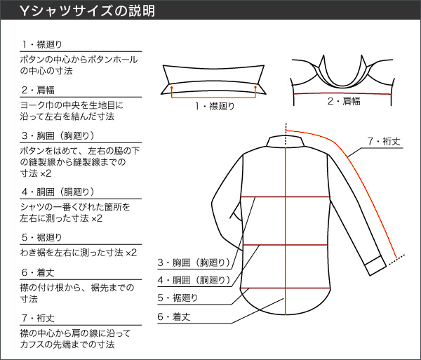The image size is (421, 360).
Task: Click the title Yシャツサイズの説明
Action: tap(88, 11)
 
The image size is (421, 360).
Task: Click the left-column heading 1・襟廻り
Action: tap(42, 44)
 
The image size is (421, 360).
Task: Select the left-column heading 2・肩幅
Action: tap(38, 90)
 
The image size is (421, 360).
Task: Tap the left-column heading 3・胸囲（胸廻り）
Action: tap(58, 135)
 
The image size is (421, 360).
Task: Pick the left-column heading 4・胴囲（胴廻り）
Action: tap(58, 192)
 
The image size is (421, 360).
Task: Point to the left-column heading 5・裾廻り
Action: tap(42, 237)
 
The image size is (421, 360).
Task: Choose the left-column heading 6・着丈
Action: tap(38, 272)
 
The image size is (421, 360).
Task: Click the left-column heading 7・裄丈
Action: tap(38, 318)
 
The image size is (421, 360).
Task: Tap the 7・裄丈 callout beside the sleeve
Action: tap(384, 141)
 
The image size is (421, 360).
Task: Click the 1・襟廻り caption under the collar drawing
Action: tap(215, 106)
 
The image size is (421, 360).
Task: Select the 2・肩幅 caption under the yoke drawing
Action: tap(344, 101)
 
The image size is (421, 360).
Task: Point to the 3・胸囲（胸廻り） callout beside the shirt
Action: tap(194, 262)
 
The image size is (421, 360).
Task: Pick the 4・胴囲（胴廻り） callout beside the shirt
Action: tap(194, 280)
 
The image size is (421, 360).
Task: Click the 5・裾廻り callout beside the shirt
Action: tap(178, 298)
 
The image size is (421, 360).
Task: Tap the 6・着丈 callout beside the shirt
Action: tap(174, 316)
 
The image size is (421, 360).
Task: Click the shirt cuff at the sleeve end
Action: tap(375, 265)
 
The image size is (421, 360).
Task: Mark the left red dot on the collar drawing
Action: tap(172, 88)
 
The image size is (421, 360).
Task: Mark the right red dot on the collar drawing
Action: tap(255, 87)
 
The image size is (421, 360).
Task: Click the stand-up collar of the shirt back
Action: tap(286, 142)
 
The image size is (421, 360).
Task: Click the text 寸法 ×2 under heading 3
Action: tap(36, 173)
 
